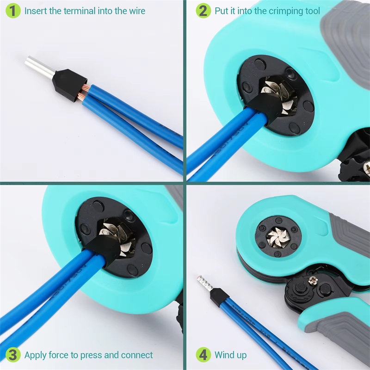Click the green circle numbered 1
coord(13,11)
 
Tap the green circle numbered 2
coord(203,11)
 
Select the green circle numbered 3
coord(13,355)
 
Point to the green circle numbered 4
coord(203,355)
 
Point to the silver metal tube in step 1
coord(40,67)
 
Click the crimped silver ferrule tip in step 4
coord(205,284)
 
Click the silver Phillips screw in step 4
coord(313,281)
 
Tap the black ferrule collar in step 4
coord(219,297)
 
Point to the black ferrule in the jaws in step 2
coord(264,107)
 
